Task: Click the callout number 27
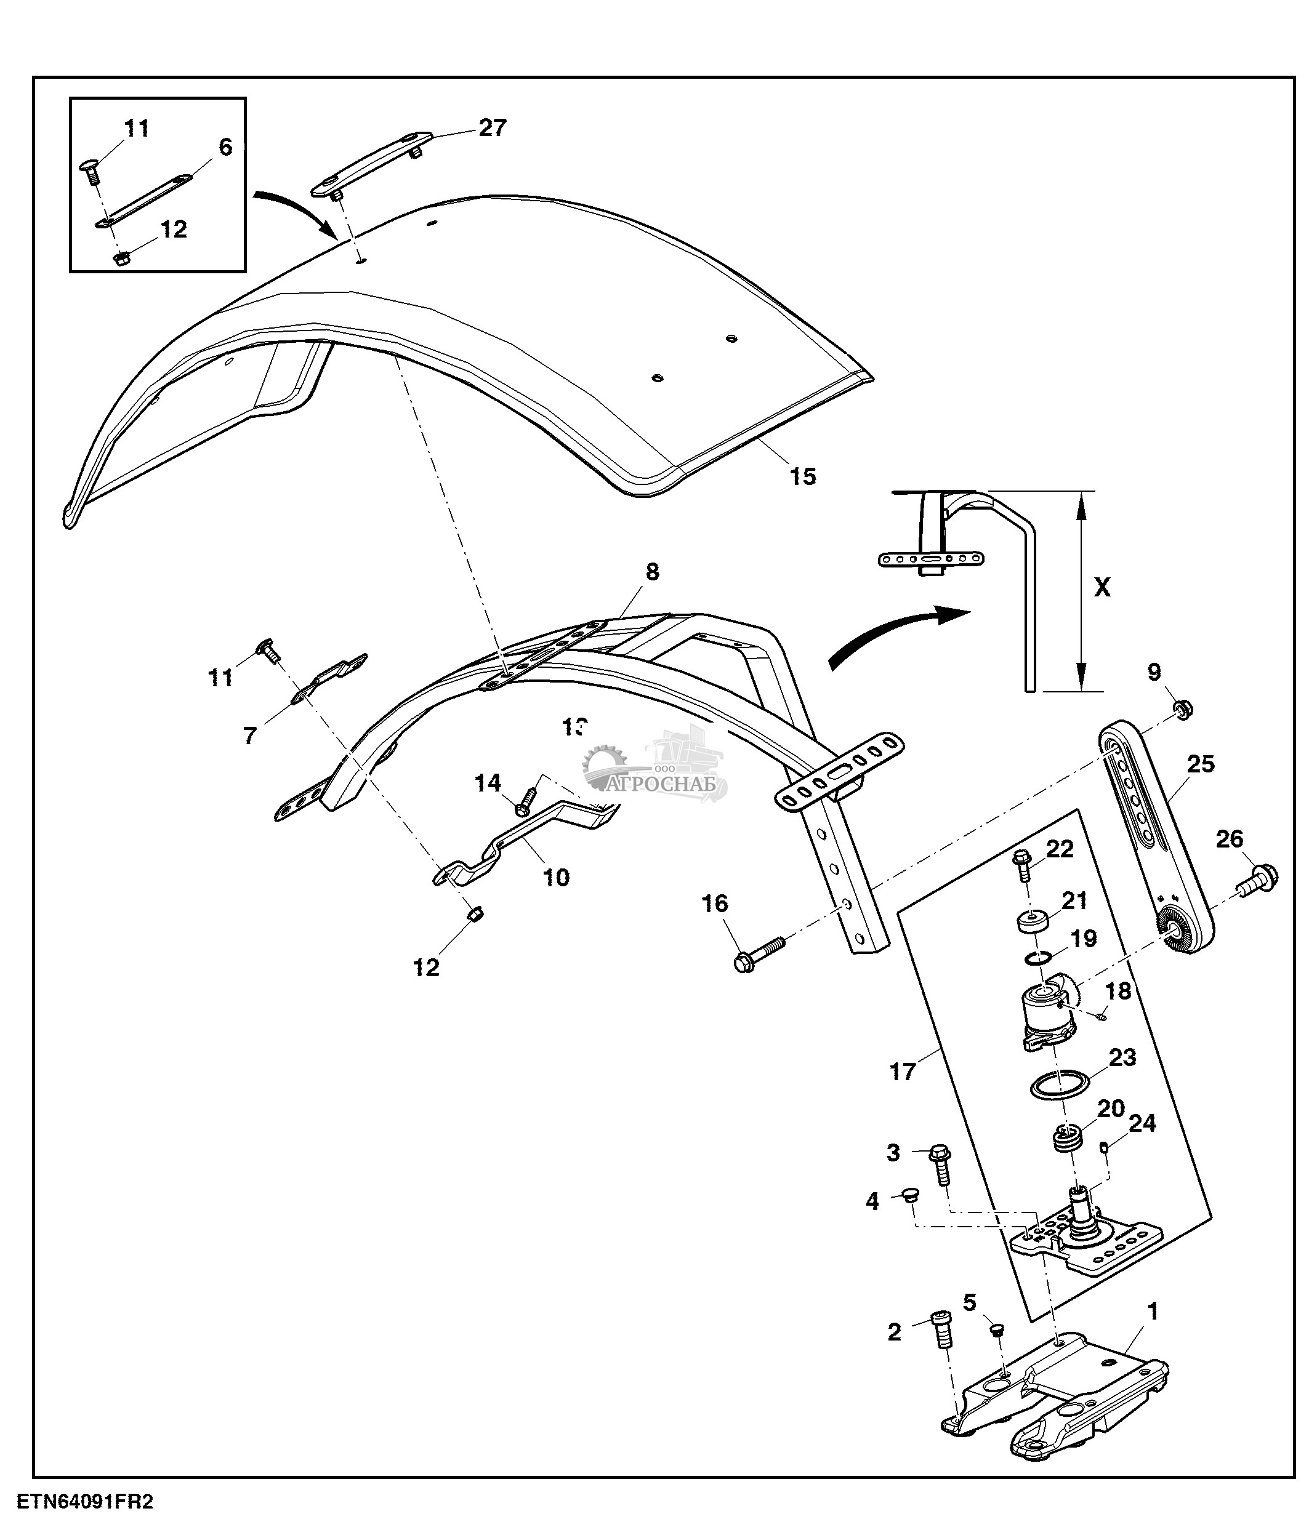[x=493, y=128]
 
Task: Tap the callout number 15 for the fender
[x=803, y=476]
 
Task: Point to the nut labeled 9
[x=1183, y=710]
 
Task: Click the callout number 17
[x=902, y=1072]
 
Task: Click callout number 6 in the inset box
[x=225, y=147]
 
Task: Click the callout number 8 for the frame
[x=652, y=572]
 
